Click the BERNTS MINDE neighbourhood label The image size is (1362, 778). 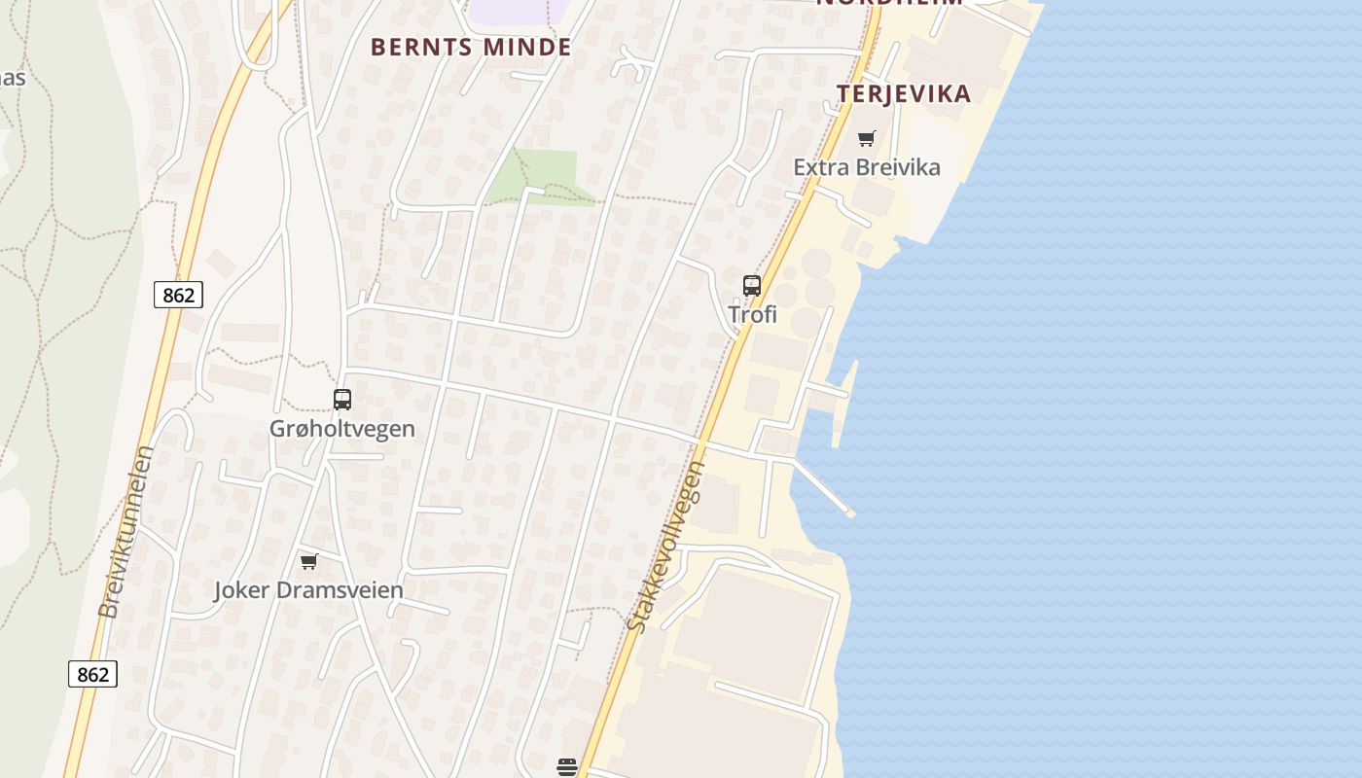pyautogui.click(x=471, y=47)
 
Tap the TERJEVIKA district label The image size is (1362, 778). pyautogui.click(x=904, y=93)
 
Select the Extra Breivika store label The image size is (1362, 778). pyautogui.click(x=867, y=167)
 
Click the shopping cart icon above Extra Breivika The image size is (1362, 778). pyautogui.click(x=867, y=138)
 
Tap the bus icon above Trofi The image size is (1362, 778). pyautogui.click(x=752, y=285)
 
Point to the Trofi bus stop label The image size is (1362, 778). pyautogui.click(x=753, y=314)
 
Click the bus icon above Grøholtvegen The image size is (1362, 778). pyautogui.click(x=342, y=399)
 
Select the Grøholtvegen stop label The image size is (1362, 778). pyautogui.click(x=342, y=428)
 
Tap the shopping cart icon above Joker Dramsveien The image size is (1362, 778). pyautogui.click(x=309, y=561)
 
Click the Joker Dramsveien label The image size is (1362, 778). pyautogui.click(x=308, y=589)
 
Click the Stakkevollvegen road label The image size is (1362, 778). pyautogui.click(x=667, y=547)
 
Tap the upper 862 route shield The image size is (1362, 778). pyautogui.click(x=179, y=295)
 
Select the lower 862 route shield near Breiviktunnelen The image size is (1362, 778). pyautogui.click(x=93, y=674)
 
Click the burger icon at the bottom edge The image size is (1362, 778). pyautogui.click(x=567, y=767)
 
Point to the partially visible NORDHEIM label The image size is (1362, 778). pyautogui.click(x=889, y=3)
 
